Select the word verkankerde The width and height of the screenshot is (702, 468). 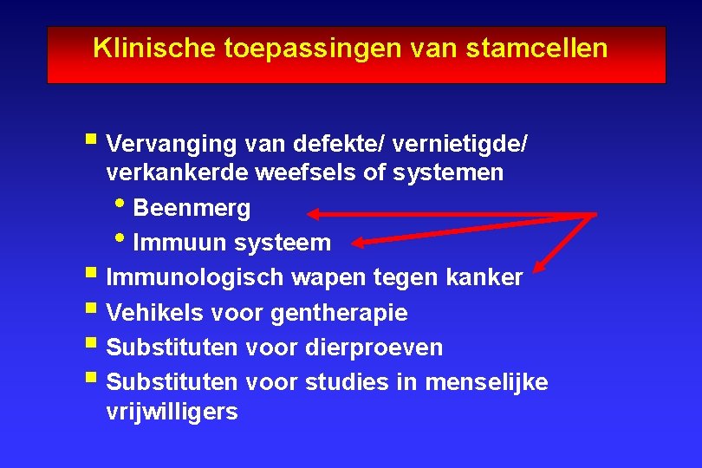(177, 172)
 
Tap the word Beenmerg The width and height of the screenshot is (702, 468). (192, 208)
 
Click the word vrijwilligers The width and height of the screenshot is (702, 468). (172, 412)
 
